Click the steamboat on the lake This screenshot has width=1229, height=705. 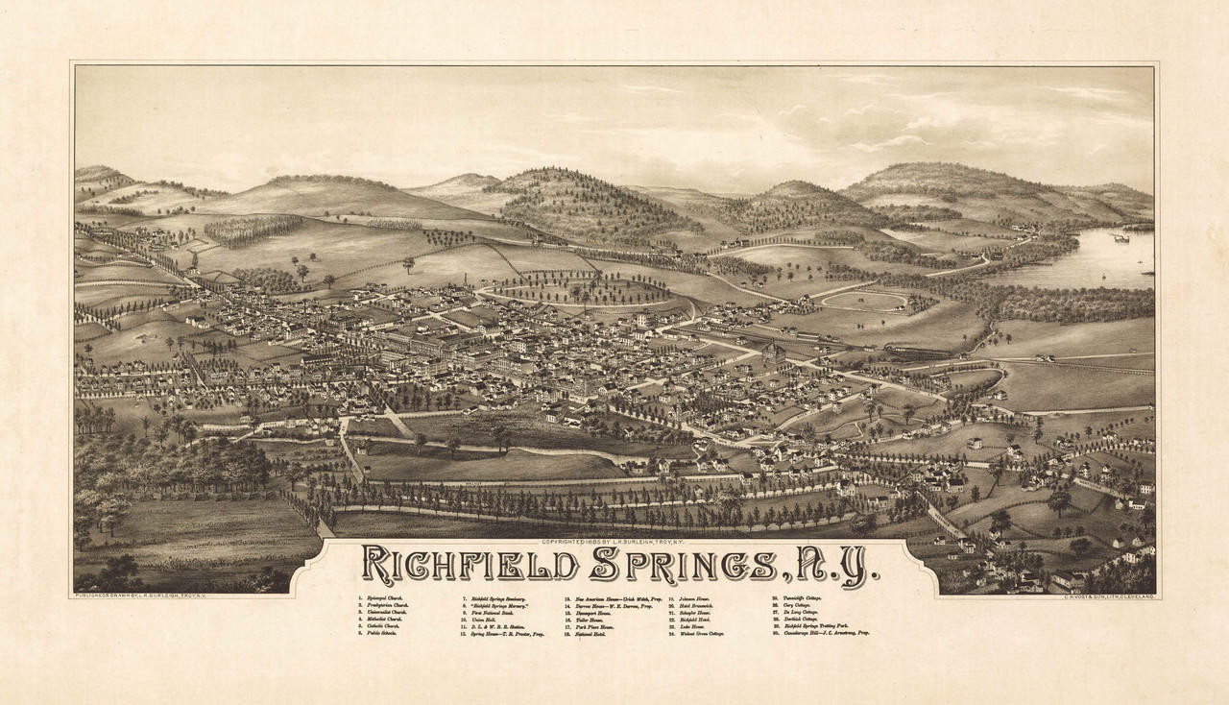pos(1119,237)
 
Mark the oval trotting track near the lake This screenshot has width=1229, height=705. pos(864,302)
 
